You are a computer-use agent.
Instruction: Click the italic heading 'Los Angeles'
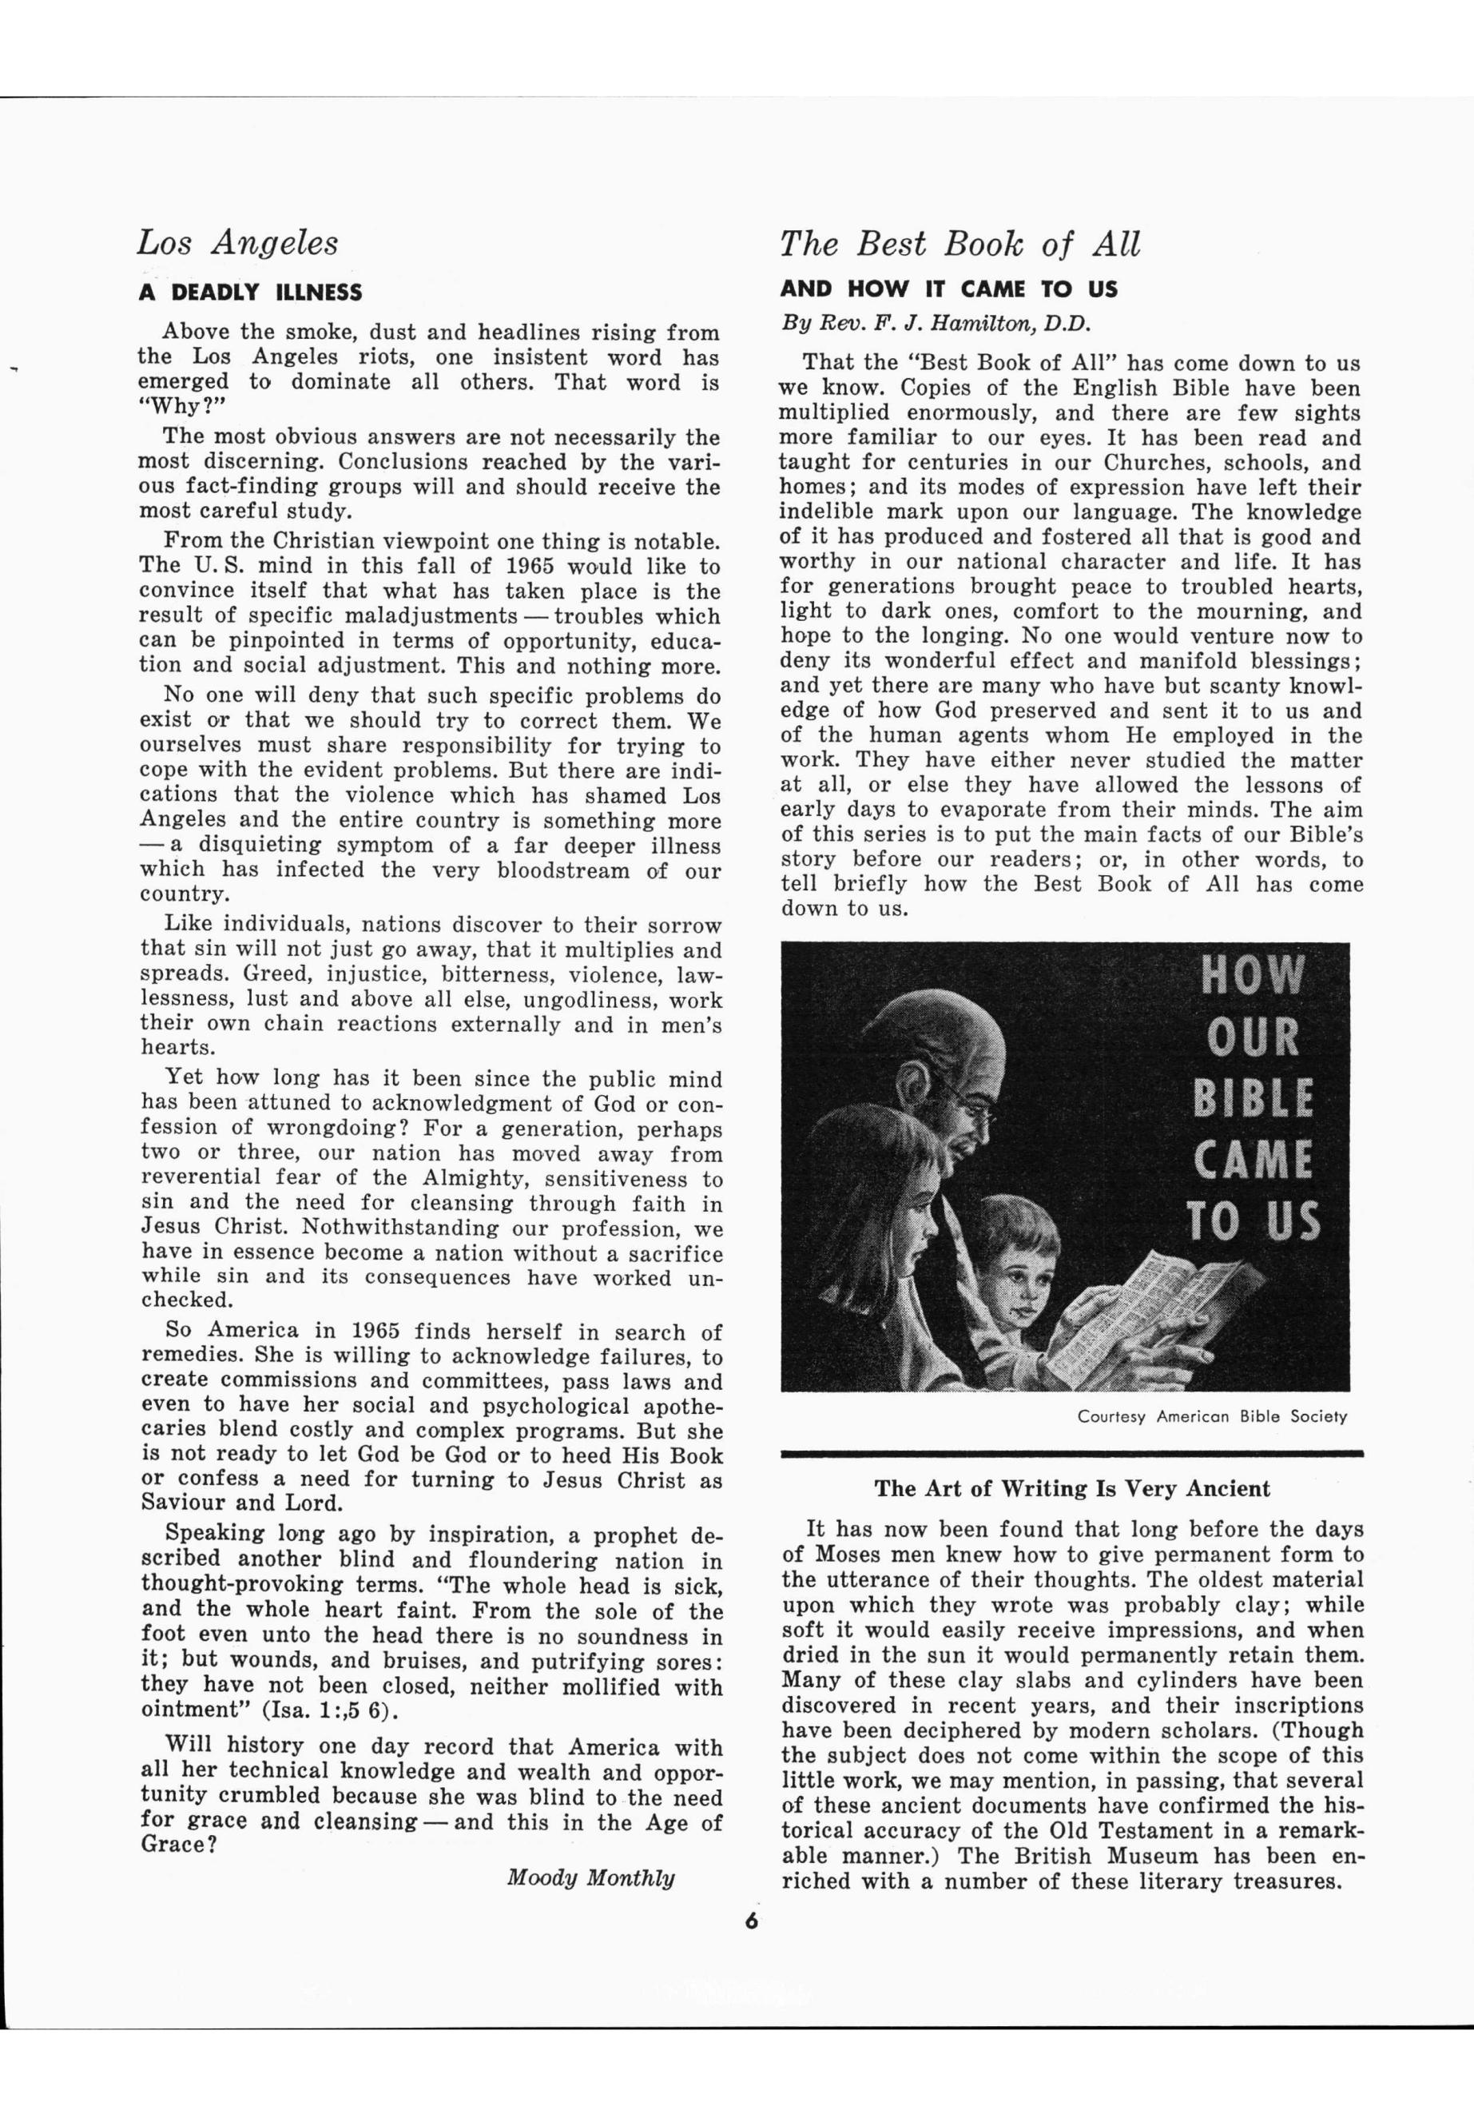[237, 243]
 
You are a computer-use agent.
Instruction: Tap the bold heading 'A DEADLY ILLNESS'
[250, 293]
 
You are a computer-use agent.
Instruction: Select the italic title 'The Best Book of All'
[959, 244]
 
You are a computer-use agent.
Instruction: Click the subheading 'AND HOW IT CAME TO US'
[948, 289]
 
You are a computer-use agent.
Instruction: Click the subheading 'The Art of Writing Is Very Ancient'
[1071, 1488]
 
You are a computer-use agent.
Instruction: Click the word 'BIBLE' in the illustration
[1253, 1099]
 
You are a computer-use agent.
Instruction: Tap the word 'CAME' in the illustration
[1253, 1160]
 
